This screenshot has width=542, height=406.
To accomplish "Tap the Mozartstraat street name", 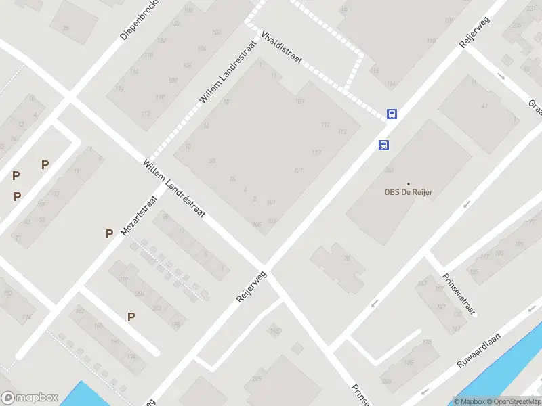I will click(x=139, y=215).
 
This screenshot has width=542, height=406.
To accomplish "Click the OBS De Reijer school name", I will click(x=409, y=192).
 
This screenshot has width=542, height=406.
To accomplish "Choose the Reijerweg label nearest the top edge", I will click(x=474, y=30).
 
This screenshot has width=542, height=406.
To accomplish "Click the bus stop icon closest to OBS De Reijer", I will click(x=383, y=145).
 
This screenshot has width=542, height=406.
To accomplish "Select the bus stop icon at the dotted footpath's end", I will click(x=392, y=114).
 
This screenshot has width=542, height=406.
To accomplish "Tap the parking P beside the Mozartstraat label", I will click(x=109, y=233).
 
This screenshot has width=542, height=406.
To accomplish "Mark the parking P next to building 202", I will click(x=131, y=316).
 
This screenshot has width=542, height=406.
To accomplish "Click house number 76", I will click(x=346, y=257).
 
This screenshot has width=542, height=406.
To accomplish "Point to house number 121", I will click(x=298, y=170).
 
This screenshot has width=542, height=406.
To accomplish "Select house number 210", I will click(x=123, y=279).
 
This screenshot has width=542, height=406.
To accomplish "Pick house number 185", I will click(x=390, y=363).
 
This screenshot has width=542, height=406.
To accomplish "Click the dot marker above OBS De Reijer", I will click(x=409, y=183).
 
